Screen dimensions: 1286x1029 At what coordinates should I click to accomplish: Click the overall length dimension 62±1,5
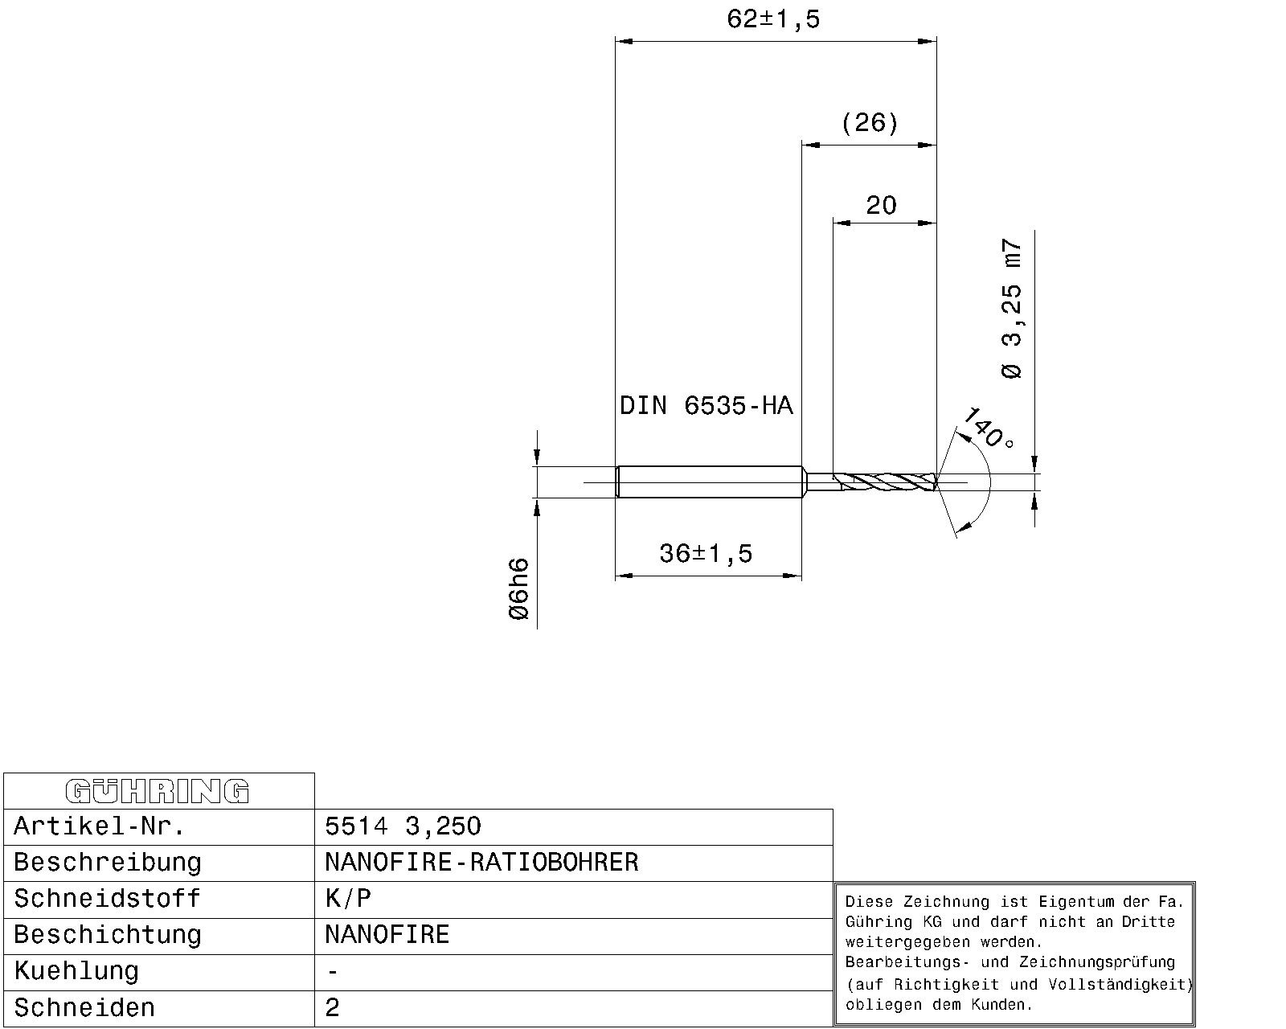click(773, 18)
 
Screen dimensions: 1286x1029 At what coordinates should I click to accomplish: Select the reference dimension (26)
click(870, 123)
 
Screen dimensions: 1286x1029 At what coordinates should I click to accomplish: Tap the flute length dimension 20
click(881, 206)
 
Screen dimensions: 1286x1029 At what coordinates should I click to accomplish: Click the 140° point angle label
click(988, 428)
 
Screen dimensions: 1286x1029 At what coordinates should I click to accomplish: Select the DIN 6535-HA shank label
click(706, 406)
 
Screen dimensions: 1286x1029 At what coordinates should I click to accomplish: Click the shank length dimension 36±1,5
click(706, 554)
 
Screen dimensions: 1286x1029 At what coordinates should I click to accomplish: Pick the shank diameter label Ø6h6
click(519, 589)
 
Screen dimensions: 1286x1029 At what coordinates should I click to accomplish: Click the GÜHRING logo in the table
click(158, 791)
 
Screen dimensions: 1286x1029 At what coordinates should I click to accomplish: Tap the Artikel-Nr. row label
click(100, 826)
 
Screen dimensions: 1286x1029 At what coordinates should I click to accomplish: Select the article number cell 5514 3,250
click(403, 826)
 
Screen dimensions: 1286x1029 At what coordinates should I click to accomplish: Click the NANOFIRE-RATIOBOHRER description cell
click(481, 863)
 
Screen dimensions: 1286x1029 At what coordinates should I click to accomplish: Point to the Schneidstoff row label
click(107, 899)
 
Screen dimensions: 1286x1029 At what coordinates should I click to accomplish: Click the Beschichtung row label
click(107, 935)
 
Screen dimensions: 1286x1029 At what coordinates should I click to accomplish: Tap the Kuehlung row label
click(76, 971)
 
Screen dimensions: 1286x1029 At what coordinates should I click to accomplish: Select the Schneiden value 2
click(333, 1007)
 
